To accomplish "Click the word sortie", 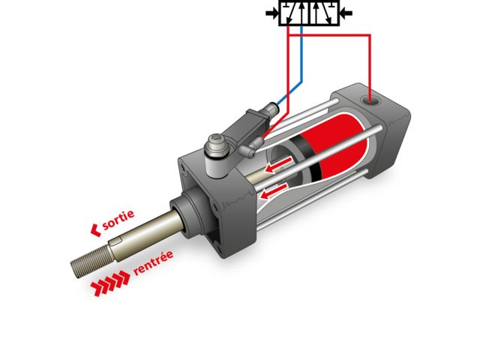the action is tap(118, 220).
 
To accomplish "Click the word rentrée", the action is tap(154, 262).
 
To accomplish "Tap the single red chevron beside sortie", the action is tap(96, 230).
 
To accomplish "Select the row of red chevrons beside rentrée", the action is tap(110, 283).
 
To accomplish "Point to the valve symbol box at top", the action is tap(309, 13).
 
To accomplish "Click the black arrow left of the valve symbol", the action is tap(271, 13).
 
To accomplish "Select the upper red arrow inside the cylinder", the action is tap(278, 164).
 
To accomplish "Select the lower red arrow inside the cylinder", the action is tap(274, 190).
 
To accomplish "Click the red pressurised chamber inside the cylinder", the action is tap(337, 147).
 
